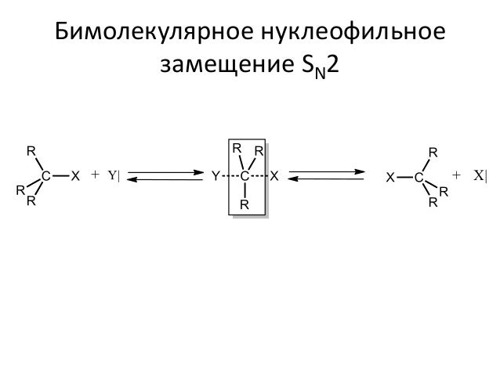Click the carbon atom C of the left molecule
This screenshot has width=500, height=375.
[47, 176]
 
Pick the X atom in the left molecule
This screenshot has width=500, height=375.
[76, 176]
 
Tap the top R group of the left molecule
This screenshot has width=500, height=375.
[31, 150]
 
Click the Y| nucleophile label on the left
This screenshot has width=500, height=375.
[114, 175]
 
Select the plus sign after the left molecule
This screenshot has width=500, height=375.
[96, 175]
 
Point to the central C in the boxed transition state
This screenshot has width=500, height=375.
[245, 176]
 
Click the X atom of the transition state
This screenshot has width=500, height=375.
[274, 176]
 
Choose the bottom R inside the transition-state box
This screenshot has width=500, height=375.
[245, 205]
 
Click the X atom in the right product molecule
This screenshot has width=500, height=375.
[389, 178]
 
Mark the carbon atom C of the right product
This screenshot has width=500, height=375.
[418, 178]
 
